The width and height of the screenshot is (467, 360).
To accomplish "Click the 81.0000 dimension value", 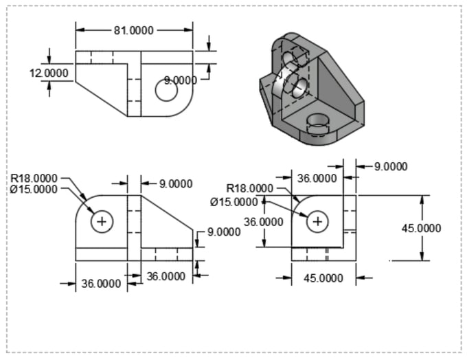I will [x=134, y=30].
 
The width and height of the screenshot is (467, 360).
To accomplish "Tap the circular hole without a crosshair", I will [x=166, y=89].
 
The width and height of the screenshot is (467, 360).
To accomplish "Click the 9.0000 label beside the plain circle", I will [x=181, y=80].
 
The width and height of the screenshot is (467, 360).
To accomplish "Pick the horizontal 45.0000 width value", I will [x=323, y=278].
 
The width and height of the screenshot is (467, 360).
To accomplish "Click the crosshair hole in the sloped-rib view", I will [x=103, y=221].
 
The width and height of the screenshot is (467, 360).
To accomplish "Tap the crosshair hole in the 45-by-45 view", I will [x=317, y=221].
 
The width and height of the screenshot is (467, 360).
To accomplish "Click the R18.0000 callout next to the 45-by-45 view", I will [x=250, y=188].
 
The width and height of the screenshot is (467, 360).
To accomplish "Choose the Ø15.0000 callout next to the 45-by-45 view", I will [x=234, y=201].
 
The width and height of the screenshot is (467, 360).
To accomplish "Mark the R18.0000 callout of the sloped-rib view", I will [x=34, y=179].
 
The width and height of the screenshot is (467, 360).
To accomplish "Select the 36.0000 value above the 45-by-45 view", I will [x=317, y=178].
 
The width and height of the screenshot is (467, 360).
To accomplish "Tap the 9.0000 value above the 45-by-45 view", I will [x=390, y=166].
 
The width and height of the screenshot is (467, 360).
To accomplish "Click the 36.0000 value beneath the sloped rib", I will [x=166, y=276].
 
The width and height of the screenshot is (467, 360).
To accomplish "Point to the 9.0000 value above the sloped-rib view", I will [x=175, y=183].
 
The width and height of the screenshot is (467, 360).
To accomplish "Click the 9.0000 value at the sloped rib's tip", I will [x=223, y=232].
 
